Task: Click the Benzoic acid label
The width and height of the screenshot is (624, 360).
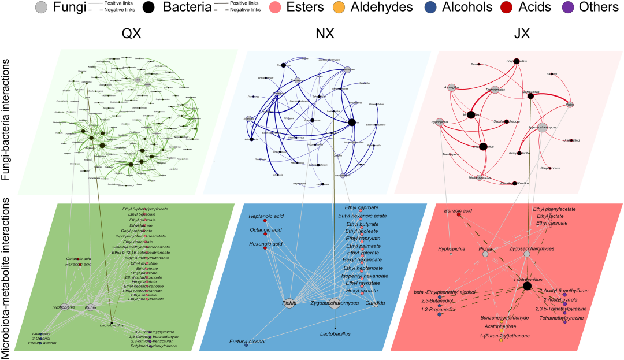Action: click(x=459, y=211)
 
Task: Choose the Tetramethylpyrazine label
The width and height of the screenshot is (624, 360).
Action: click(x=563, y=318)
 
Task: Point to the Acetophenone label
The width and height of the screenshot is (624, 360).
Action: click(x=500, y=326)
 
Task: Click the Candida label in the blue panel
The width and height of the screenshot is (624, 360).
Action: click(x=375, y=302)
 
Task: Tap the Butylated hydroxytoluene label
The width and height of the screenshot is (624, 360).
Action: click(x=153, y=346)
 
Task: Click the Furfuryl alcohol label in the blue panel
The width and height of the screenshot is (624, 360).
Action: click(x=245, y=342)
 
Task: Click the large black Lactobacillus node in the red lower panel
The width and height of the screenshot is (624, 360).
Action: click(x=526, y=285)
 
